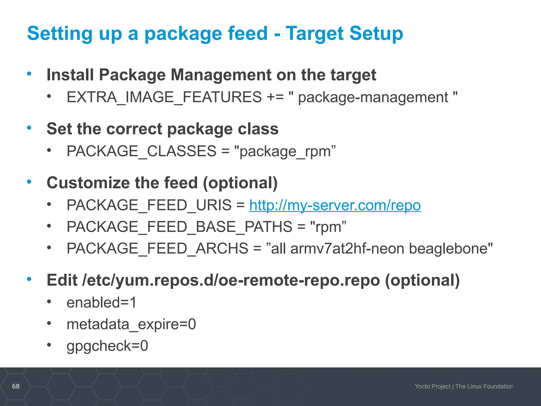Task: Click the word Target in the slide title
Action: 314,34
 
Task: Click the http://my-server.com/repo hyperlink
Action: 335,205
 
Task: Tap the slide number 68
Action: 16,386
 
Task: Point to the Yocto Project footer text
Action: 432,386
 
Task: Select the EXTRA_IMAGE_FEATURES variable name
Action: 164,97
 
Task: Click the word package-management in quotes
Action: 373,97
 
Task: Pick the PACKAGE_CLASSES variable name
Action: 141,151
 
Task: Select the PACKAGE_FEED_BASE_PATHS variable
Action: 179,227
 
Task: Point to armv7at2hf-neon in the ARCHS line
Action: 347,249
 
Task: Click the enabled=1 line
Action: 101,303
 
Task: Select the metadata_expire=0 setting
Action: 131,324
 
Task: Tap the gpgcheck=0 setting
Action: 107,346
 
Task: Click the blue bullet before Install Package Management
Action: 29,73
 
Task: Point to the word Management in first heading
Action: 221,75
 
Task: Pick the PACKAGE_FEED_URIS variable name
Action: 149,205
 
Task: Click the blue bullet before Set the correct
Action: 29,128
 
